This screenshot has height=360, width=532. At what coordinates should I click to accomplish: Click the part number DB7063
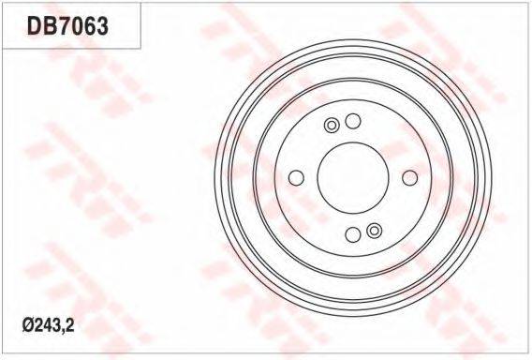click(x=67, y=26)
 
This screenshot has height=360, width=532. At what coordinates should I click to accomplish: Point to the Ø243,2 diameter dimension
click(x=48, y=326)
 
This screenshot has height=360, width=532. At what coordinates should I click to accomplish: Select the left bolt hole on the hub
click(x=296, y=178)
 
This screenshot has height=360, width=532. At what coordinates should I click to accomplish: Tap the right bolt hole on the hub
click(x=409, y=178)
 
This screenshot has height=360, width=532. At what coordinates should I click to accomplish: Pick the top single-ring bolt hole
click(x=353, y=121)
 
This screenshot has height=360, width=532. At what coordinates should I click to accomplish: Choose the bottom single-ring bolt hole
click(x=353, y=234)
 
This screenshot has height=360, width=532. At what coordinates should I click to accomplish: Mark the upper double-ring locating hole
click(x=332, y=126)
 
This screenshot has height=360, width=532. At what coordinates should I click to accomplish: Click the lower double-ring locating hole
click(x=375, y=231)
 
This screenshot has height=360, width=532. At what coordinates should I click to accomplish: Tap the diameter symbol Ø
click(x=27, y=326)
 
